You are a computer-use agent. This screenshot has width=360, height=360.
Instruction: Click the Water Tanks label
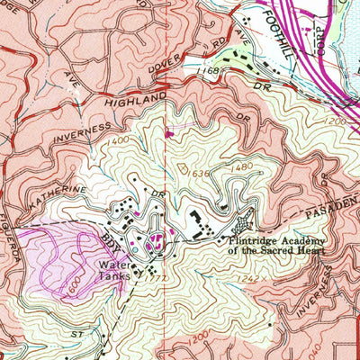[116, 271]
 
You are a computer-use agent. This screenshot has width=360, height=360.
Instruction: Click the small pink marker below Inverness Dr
[169, 135]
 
